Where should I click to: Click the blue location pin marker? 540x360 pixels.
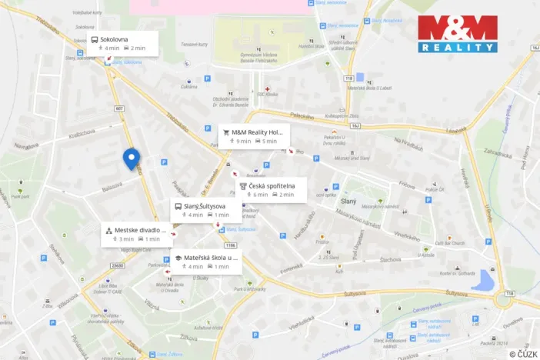pyautogui.click(x=131, y=158)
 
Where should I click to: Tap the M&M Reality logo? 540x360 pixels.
pyautogui.click(x=457, y=34)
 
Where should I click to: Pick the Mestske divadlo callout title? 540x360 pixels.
pyautogui.click(x=140, y=229)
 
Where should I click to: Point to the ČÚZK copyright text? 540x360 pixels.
pyautogui.click(x=524, y=353)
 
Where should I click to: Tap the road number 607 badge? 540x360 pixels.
pyautogui.click(x=119, y=108)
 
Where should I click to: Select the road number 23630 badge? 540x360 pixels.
pyautogui.click(x=117, y=265)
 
